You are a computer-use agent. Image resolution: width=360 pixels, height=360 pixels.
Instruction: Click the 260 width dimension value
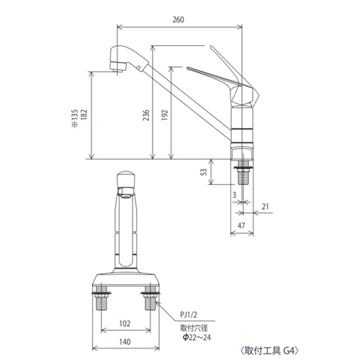click(x=179, y=19)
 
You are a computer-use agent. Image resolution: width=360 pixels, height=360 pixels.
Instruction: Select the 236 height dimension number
click(x=146, y=115)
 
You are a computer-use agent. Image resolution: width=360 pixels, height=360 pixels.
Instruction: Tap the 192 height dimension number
click(x=164, y=115)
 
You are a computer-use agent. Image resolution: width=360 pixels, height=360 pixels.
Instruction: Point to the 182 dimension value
click(x=84, y=114)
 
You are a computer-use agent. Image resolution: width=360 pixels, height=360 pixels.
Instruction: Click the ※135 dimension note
click(x=75, y=118)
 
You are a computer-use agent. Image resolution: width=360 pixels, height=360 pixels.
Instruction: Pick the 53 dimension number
click(x=204, y=172)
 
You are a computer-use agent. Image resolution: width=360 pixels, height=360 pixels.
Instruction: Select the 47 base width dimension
click(x=241, y=225)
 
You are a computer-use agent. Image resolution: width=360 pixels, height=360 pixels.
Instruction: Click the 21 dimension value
click(x=265, y=207)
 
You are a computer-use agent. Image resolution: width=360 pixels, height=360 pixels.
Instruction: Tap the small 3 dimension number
click(x=234, y=195)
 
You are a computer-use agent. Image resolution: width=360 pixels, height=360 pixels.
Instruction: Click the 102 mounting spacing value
click(x=125, y=324)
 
